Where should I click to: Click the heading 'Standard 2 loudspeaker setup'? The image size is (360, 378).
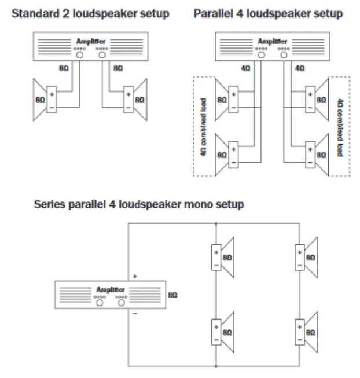click(91, 13)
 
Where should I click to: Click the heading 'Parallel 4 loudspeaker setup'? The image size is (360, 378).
click(268, 13)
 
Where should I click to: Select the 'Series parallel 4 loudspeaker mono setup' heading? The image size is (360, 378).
click(139, 204)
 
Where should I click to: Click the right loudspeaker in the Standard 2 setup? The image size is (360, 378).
click(135, 99)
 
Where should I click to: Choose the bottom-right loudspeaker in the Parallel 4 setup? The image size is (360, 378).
click(315, 154)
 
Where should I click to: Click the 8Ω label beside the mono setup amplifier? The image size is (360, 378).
click(172, 295)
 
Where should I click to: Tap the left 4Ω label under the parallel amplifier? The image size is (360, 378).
click(245, 68)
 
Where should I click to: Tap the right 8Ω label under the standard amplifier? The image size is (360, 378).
click(118, 68)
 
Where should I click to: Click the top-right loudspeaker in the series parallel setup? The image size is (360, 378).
click(307, 256)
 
